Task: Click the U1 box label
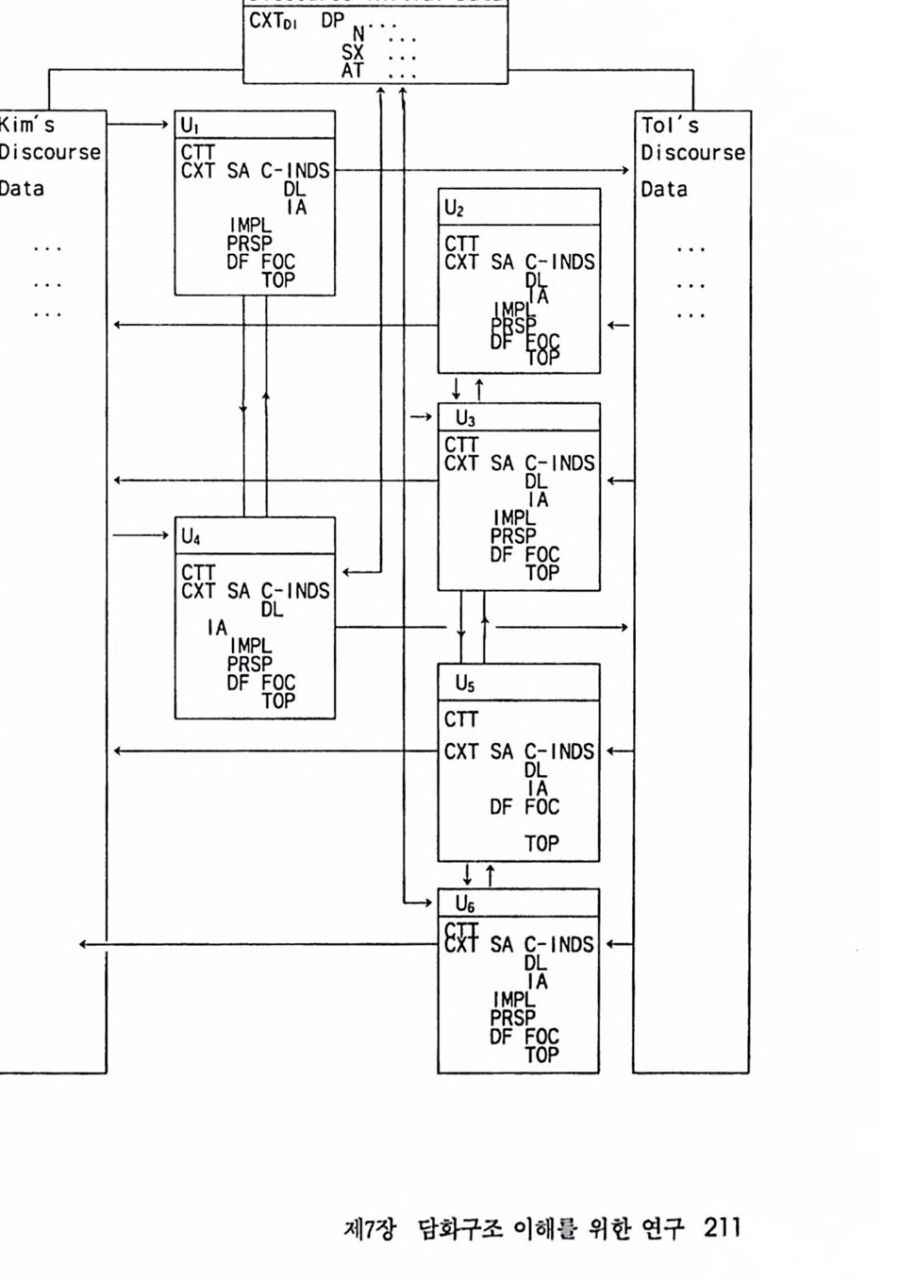190,126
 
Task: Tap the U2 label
454,208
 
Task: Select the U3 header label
465,418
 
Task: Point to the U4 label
191,536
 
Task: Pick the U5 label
465,683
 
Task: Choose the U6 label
465,904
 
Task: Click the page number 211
722,1227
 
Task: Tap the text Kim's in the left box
27,125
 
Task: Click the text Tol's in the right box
670,126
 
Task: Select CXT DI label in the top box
273,22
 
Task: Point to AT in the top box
353,70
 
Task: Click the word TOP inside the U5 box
541,843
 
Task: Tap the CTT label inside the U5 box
461,719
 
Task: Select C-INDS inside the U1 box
295,171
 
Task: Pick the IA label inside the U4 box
217,628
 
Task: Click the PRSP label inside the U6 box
512,1018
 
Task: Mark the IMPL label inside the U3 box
513,517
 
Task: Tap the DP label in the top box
332,21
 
